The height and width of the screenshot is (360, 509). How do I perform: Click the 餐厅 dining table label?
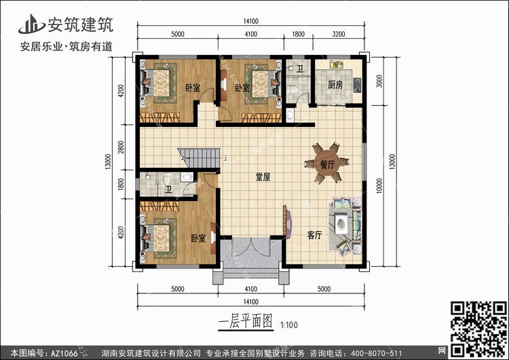point(327,164)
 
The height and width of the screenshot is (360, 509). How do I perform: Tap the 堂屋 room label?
point(263,177)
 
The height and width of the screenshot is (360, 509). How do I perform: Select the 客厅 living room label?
point(314,235)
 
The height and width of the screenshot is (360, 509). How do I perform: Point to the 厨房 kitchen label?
point(335,85)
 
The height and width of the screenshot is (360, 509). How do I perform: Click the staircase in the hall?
point(199,158)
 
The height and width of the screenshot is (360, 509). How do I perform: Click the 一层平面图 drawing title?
point(246,322)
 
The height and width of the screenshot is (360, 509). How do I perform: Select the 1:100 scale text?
point(289,325)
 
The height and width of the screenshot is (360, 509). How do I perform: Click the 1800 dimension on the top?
point(299,34)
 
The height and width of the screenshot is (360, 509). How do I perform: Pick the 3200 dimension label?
point(339,34)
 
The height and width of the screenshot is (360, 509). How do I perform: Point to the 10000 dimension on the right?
point(379,186)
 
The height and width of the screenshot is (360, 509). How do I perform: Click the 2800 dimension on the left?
point(121,147)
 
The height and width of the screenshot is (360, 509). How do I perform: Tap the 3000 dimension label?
point(379,81)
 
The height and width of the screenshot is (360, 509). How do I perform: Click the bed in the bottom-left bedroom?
point(159,238)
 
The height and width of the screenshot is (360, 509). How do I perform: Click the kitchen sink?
point(337,65)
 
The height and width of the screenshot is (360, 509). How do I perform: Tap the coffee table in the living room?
point(341,223)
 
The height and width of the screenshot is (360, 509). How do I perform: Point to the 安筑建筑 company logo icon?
point(31,24)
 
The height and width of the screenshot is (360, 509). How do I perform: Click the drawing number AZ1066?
point(64,353)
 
